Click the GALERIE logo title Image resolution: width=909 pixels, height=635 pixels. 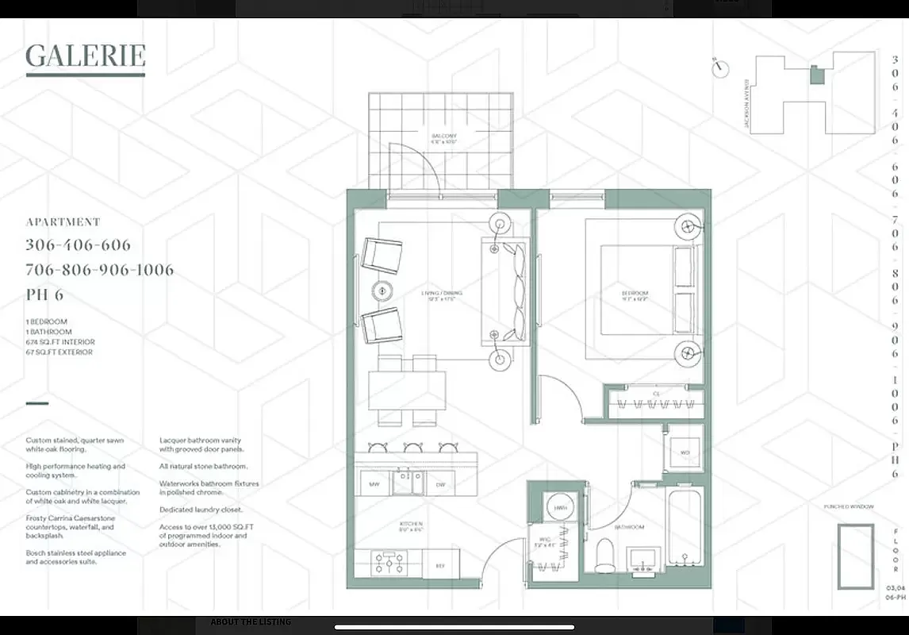86,56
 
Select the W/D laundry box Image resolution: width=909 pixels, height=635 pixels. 683,452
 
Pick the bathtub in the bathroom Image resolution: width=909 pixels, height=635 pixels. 684,528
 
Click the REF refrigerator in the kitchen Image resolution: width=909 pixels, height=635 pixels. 439,566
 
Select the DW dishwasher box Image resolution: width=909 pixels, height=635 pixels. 440,483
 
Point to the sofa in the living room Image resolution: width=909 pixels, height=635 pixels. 504,292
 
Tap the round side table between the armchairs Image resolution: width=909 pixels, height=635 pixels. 382,291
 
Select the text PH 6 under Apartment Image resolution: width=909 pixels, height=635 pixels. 44,295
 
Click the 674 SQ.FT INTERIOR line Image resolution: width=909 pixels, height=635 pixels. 59,342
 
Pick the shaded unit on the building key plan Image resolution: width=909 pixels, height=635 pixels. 817,75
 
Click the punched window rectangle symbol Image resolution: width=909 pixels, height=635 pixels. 856,556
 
